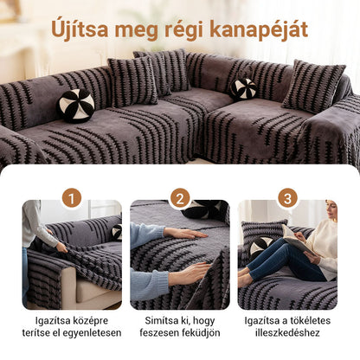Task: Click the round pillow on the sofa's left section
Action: (x=76, y=105)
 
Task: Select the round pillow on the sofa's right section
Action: (x=243, y=88)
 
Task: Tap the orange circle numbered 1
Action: (x=72, y=198)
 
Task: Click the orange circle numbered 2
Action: (x=180, y=198)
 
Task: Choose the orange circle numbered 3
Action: (x=288, y=198)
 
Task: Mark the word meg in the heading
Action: (x=142, y=30)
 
